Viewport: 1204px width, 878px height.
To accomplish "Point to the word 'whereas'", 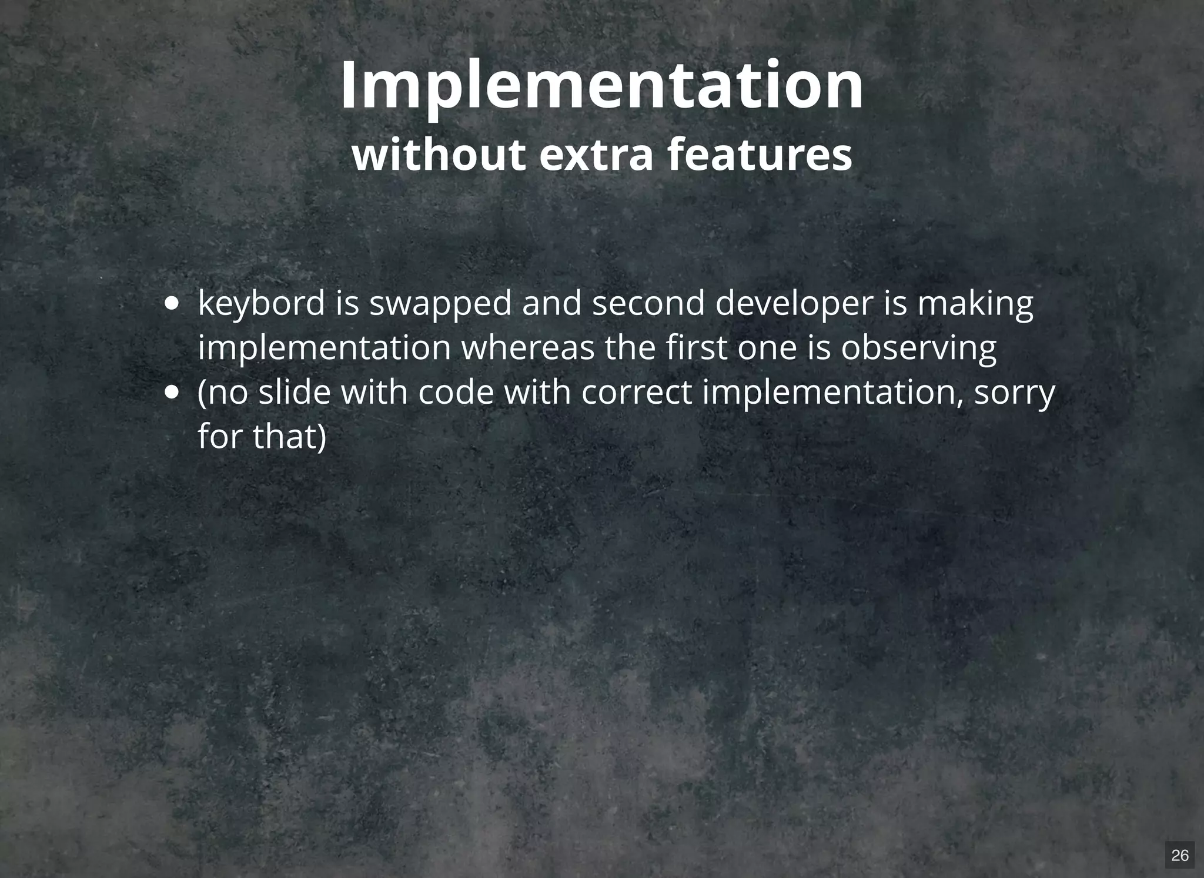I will click(527, 348).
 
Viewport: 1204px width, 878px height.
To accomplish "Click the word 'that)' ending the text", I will click(289, 437).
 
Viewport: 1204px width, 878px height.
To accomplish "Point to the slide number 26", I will click(1179, 854).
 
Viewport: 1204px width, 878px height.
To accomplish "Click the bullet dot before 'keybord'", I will click(172, 304).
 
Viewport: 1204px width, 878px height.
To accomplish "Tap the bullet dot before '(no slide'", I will click(172, 392).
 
